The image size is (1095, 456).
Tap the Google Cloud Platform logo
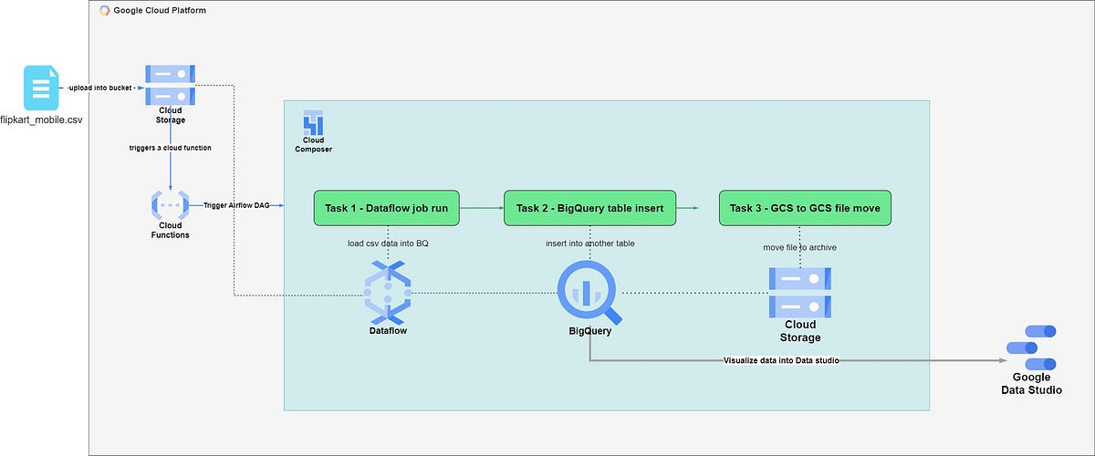(x=105, y=11)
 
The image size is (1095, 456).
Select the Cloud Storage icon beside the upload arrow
(x=171, y=84)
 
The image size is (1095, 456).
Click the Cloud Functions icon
(x=170, y=206)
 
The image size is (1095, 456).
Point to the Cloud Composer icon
(x=313, y=123)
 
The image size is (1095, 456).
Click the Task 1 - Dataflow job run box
(x=387, y=208)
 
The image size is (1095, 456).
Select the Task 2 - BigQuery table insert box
(x=590, y=208)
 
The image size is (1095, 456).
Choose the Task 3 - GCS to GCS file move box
(x=804, y=208)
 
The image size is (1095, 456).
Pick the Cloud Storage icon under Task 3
(x=799, y=291)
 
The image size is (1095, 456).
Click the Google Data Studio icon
(x=1031, y=347)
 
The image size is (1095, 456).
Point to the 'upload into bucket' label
(x=100, y=88)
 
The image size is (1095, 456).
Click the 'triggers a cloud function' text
(x=171, y=147)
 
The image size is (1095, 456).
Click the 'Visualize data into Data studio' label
(x=781, y=360)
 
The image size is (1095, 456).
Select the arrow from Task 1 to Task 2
(x=482, y=208)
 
